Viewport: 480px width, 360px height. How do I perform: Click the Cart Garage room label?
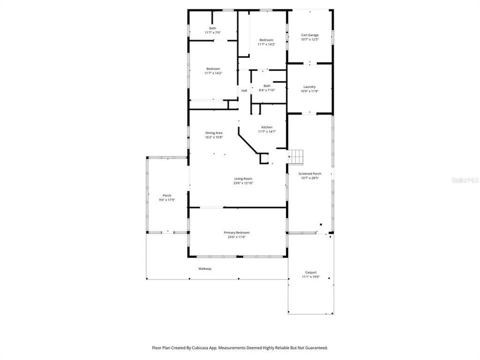(309, 35)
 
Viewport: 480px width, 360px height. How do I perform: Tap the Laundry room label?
(309, 86)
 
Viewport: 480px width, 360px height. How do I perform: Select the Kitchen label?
(266, 127)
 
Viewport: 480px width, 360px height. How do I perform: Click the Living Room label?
(243, 178)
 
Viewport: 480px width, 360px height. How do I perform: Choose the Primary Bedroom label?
(236, 232)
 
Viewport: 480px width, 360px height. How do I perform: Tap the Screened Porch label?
(309, 173)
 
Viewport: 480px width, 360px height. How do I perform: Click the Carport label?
(310, 272)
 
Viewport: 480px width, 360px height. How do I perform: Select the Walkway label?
(205, 269)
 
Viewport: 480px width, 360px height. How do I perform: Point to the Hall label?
(244, 90)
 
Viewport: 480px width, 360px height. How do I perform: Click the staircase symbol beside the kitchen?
(297, 156)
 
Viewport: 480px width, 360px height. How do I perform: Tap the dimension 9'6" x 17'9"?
(167, 199)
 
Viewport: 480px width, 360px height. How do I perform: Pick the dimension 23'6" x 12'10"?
(243, 183)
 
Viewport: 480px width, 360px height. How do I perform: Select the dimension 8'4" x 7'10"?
(267, 90)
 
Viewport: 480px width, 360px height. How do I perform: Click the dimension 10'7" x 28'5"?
(309, 178)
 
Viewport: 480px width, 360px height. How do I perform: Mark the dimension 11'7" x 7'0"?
(212, 32)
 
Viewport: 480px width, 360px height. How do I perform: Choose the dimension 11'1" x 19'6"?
(310, 277)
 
